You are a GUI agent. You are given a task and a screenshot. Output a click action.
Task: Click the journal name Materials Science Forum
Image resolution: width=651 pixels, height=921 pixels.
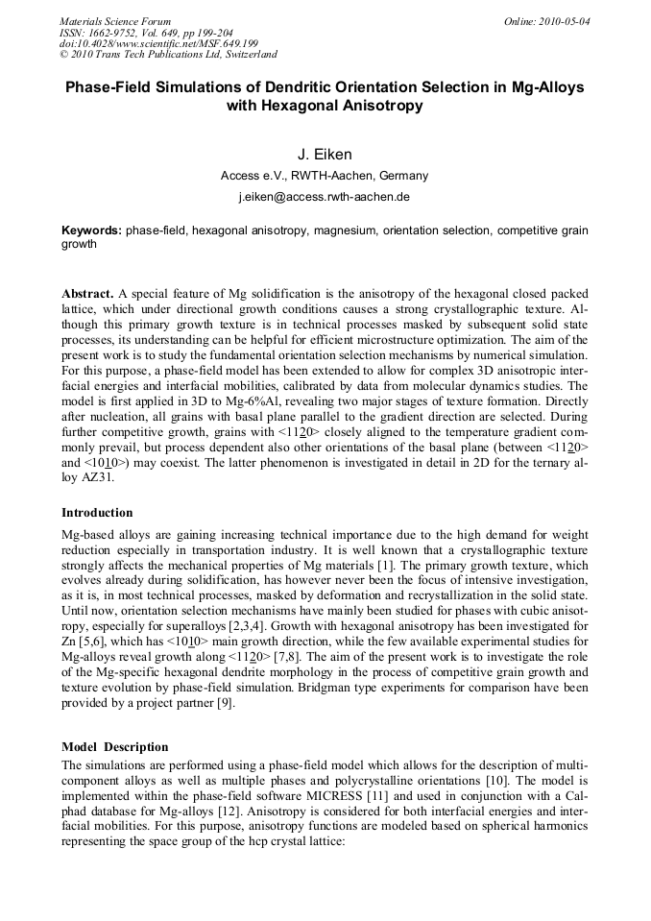[114, 20]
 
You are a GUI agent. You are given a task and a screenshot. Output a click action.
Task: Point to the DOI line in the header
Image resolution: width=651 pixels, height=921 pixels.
[158, 43]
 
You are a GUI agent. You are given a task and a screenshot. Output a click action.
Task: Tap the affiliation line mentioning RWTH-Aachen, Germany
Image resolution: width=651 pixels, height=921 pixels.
[325, 176]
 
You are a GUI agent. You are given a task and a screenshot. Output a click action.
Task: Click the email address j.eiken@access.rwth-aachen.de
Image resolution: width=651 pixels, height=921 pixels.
[325, 197]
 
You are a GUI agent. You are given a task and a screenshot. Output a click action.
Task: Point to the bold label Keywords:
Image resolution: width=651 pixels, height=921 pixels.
[91, 230]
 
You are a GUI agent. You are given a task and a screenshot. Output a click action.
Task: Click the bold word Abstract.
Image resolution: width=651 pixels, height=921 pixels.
[87, 292]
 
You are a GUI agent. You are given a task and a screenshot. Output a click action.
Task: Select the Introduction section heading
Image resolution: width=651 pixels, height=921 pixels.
[97, 513]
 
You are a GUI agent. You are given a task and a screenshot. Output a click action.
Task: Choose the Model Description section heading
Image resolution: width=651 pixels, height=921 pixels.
[114, 746]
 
